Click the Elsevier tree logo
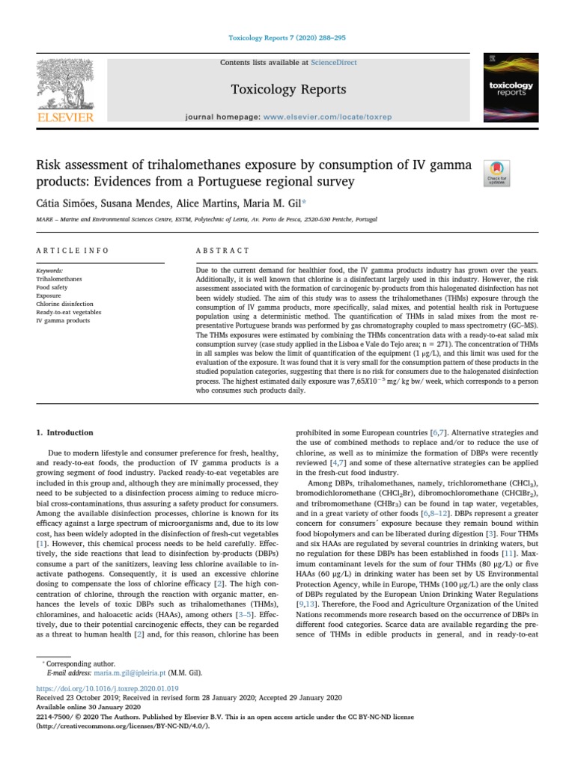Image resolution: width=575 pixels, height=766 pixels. pyautogui.click(x=67, y=83)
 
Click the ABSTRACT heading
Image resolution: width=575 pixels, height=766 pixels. pyautogui.click(x=216, y=250)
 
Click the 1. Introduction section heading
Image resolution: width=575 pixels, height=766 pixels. pyautogui.click(x=65, y=432)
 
